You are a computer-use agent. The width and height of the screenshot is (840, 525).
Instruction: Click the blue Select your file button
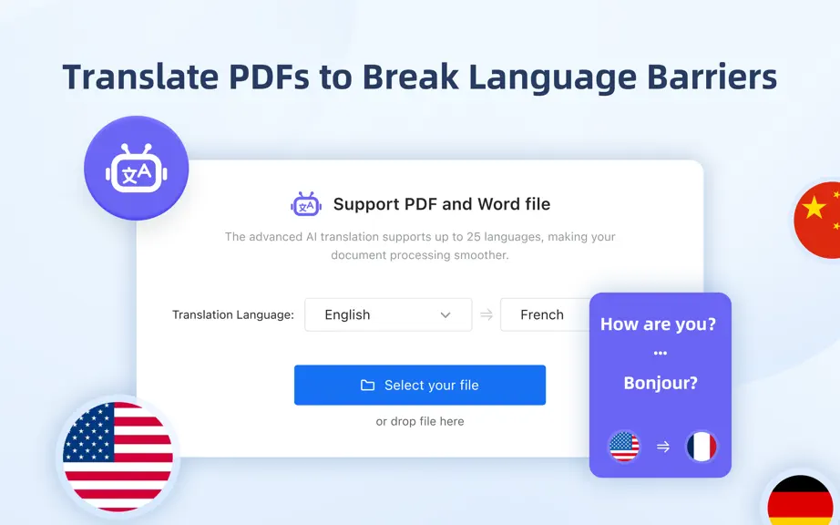[x=419, y=385]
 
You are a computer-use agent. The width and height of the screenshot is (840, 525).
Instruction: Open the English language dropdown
[x=388, y=314]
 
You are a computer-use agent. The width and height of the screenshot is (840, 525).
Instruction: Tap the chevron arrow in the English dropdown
[x=446, y=315]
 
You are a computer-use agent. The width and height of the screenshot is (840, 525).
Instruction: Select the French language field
[x=545, y=314]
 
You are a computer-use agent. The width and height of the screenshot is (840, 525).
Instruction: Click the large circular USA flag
[x=118, y=457]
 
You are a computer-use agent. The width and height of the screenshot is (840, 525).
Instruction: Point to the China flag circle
[x=818, y=220]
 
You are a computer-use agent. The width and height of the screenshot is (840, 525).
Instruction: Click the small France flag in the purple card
[x=702, y=447]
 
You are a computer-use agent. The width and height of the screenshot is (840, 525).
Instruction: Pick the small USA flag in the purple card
[x=624, y=447]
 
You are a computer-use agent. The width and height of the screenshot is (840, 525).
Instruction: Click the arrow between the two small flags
[x=663, y=447]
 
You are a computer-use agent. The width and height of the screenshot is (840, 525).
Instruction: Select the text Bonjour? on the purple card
[x=661, y=383]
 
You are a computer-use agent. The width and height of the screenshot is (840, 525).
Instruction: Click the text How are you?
[x=658, y=324]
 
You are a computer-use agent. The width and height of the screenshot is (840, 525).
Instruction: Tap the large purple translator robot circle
[x=136, y=168]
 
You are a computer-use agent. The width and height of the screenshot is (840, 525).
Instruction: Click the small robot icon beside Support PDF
[x=306, y=204]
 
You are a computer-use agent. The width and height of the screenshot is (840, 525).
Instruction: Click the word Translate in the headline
[x=140, y=77]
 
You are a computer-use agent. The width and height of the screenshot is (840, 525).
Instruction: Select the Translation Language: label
[x=233, y=315]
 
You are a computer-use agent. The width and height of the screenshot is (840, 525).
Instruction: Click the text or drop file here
[x=420, y=422]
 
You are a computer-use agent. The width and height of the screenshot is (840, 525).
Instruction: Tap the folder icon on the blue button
[x=367, y=386]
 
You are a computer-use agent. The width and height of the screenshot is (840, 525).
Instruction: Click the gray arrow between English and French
[x=487, y=315]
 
